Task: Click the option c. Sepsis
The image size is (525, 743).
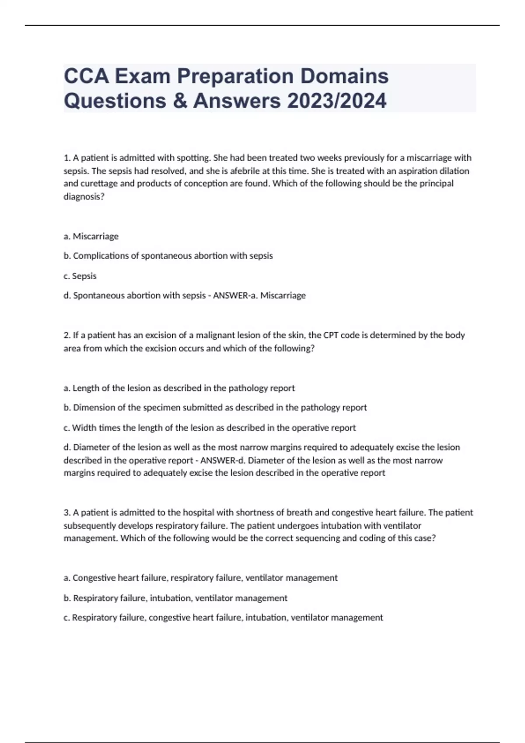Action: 80,276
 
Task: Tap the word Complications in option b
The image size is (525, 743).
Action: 101,256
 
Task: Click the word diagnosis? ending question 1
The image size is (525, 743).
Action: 84,197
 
